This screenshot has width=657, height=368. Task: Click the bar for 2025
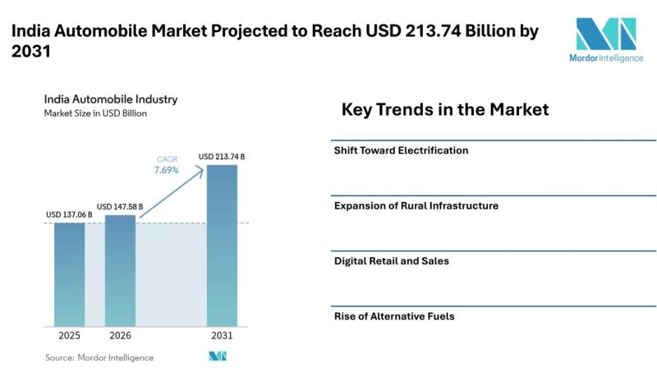point(69,274)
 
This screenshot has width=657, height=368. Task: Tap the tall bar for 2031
point(222,244)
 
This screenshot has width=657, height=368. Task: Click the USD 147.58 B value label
point(120,206)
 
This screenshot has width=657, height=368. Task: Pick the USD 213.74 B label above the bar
point(222,156)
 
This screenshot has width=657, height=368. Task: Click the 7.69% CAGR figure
point(167,170)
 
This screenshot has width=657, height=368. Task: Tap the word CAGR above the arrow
point(167,159)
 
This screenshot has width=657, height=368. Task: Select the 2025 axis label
point(69,336)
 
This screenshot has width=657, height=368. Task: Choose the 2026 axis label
point(120,336)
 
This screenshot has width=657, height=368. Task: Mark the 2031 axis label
point(222,336)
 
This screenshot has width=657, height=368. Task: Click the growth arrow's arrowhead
point(200,168)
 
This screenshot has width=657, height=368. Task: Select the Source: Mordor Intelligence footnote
point(99,357)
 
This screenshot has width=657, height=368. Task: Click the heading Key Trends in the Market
point(444,109)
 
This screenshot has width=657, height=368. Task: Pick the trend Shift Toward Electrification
point(401,150)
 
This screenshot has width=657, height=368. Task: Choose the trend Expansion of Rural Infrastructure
point(416,205)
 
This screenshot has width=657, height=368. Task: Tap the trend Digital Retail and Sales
point(391,260)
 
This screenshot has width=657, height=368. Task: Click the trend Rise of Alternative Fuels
point(393,315)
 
